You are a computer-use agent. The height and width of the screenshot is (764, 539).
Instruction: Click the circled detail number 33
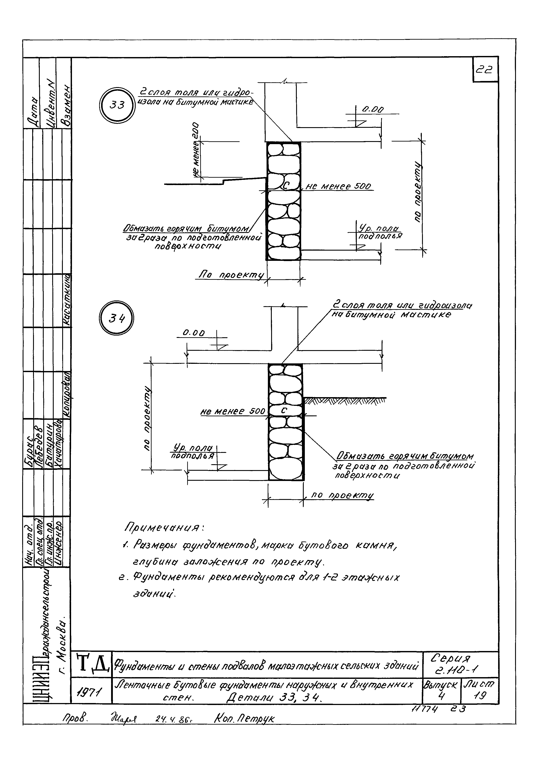click(117, 105)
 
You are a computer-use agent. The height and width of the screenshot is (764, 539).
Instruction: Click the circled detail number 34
click(117, 319)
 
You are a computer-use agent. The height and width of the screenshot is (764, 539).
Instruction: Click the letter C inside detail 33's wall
click(286, 186)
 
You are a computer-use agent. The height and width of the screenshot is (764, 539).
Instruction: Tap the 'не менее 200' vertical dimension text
click(196, 150)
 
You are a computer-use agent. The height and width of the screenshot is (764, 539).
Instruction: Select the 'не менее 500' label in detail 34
click(233, 412)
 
